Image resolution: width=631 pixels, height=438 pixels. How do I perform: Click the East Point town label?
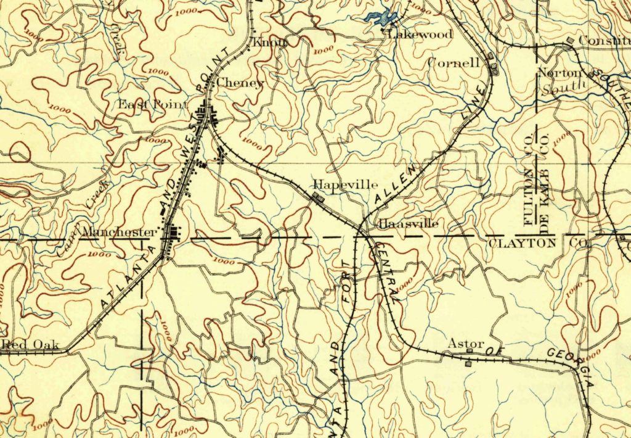coord(152,104)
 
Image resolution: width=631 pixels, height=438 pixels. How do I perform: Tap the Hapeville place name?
coord(337,184)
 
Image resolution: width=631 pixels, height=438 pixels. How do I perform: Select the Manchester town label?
coord(119,233)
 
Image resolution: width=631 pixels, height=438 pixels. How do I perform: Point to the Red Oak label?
coord(30,345)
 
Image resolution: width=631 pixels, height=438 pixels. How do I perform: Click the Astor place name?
coord(466,344)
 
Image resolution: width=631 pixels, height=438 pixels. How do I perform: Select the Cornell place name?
coord(454,63)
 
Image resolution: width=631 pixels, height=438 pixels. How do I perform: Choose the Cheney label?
coord(240,83)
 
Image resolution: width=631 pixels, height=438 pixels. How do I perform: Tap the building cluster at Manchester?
coord(173,234)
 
